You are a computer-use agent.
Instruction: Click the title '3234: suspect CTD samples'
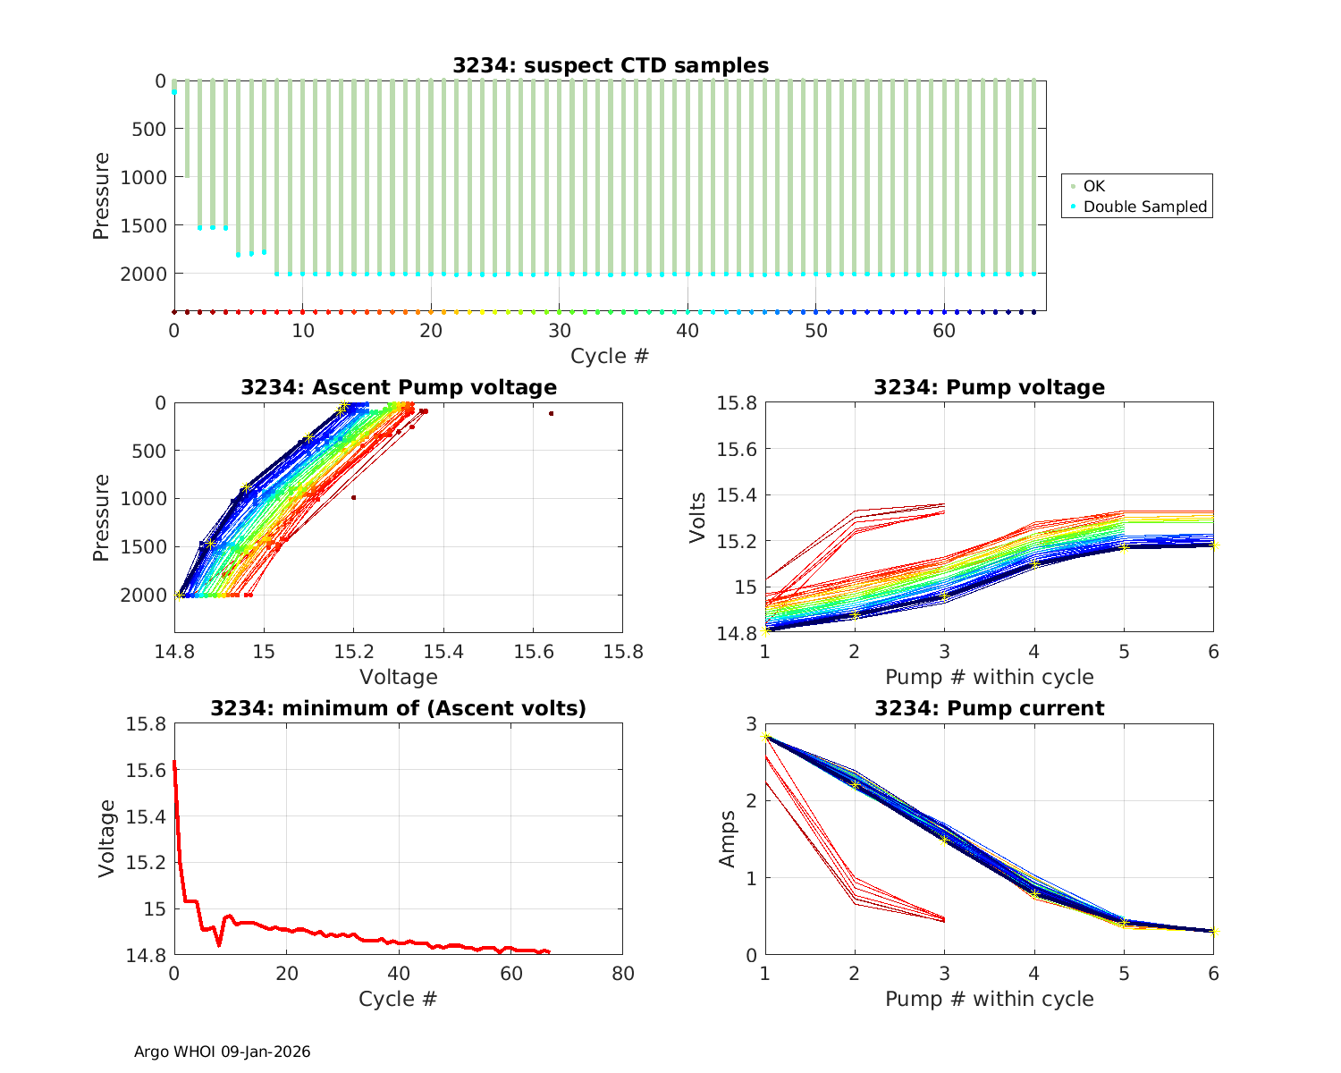(x=610, y=65)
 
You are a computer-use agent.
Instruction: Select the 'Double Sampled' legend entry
(x=1144, y=207)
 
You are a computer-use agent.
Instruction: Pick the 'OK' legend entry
(x=1093, y=186)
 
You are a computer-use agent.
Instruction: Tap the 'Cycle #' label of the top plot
(x=610, y=356)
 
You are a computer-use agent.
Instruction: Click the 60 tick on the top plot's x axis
(x=944, y=330)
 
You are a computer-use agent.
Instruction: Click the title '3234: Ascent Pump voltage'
(x=399, y=387)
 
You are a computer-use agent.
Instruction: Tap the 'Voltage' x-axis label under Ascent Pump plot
(x=399, y=677)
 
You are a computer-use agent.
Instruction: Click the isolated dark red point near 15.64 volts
(x=552, y=413)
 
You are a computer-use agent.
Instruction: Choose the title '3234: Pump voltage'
(x=989, y=387)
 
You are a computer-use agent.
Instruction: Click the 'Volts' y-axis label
(x=698, y=518)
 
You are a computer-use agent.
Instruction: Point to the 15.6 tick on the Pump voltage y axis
(x=737, y=449)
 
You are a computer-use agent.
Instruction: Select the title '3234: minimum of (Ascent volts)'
(x=399, y=708)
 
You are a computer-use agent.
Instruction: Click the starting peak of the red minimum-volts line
(x=174, y=763)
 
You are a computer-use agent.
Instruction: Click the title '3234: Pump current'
(x=989, y=708)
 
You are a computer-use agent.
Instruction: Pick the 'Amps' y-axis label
(x=729, y=839)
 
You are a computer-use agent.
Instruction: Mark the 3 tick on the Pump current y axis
(x=750, y=723)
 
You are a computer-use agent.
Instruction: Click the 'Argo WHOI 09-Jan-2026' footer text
(x=222, y=1052)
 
